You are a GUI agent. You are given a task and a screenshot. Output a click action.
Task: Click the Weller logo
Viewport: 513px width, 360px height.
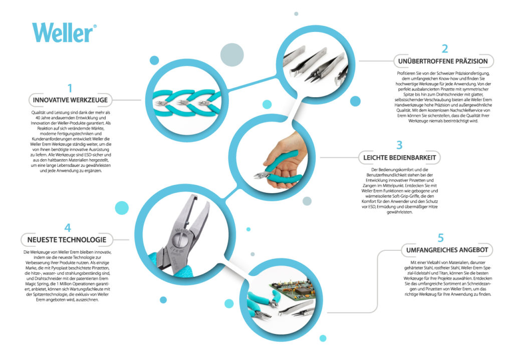64,32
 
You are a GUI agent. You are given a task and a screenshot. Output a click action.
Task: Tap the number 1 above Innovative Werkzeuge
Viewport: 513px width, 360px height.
70,88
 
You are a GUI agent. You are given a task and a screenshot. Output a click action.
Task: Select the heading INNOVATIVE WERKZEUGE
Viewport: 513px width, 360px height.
70,100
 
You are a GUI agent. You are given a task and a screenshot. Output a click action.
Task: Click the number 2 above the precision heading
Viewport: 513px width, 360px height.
445,49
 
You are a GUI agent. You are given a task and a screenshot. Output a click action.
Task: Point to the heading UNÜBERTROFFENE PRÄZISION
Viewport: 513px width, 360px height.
443,61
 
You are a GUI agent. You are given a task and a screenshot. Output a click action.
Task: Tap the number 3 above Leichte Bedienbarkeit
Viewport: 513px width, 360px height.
399,145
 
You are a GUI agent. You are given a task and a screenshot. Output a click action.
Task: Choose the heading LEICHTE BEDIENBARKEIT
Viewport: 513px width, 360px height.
399,158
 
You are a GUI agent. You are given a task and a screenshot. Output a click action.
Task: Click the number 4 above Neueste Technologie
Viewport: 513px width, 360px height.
68,228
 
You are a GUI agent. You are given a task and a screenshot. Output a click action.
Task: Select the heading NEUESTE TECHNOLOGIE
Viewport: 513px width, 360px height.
67,240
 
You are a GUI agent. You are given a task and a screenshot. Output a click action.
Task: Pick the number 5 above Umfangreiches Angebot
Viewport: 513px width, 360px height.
441,238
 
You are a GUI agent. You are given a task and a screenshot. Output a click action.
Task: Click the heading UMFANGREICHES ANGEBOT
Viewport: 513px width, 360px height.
447,250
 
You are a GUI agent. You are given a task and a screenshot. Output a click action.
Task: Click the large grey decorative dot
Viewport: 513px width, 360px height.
232,55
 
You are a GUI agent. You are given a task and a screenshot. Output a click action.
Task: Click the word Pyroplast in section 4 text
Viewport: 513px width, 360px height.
59,268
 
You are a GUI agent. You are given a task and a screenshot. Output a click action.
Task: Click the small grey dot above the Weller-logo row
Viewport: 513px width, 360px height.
296,14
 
